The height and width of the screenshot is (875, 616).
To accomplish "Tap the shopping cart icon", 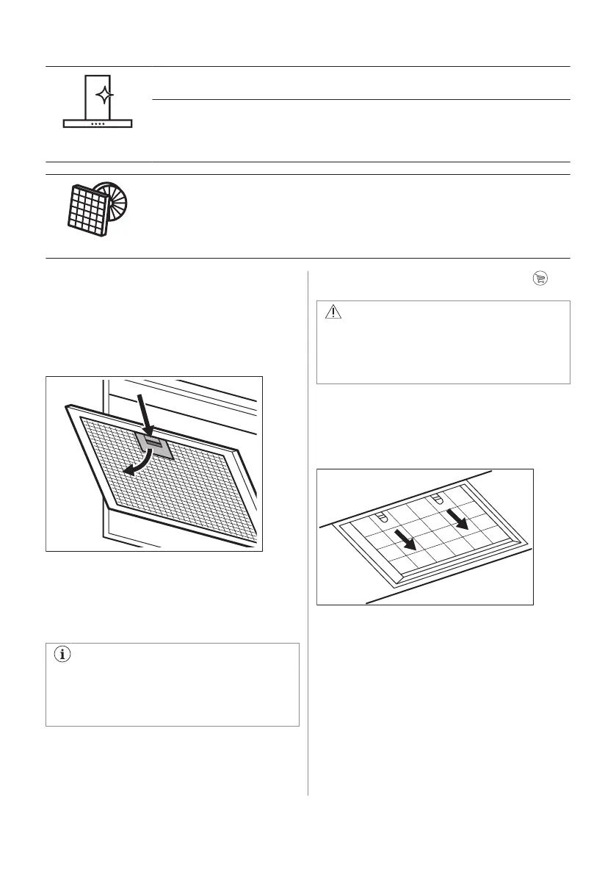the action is [540, 278].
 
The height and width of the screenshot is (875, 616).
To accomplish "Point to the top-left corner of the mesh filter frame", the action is [68, 406].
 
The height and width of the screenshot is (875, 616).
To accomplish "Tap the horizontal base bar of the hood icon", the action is [98, 124].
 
